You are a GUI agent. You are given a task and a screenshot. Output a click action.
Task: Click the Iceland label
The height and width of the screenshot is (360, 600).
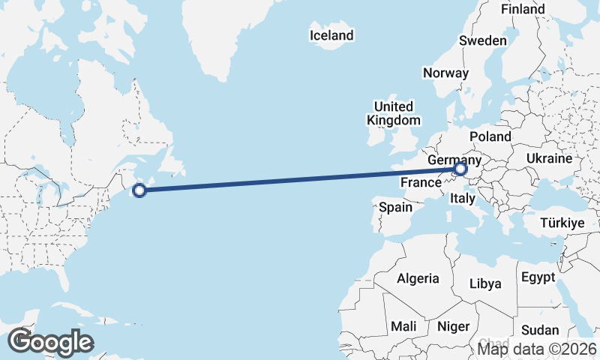tap(331, 35)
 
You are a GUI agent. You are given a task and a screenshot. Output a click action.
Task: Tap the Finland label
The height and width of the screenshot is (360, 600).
tap(523, 10)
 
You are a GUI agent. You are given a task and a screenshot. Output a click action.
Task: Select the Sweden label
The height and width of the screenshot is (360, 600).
tap(483, 40)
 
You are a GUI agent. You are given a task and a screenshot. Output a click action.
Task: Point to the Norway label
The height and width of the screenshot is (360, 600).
tap(445, 73)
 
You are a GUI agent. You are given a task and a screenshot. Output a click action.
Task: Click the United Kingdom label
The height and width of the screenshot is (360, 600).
tap(394, 113)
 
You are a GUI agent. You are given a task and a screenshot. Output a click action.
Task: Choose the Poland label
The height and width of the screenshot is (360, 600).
tap(490, 136)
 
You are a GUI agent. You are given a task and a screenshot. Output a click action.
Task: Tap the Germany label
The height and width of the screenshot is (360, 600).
tap(454, 160)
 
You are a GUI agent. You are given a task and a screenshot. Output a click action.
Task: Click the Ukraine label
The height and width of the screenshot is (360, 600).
tap(550, 159)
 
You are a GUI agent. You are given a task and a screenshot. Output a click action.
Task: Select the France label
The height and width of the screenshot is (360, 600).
tap(419, 183)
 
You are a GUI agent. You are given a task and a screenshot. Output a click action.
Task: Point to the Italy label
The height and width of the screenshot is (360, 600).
tap(462, 199)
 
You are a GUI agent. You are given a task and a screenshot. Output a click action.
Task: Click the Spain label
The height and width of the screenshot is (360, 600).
tap(396, 207)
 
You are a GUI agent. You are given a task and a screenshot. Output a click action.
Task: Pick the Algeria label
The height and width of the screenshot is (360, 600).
tap(418, 278)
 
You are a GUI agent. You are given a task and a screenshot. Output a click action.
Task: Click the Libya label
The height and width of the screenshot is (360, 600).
tap(484, 283)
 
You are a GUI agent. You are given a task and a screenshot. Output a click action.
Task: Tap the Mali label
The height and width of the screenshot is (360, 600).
tap(403, 326)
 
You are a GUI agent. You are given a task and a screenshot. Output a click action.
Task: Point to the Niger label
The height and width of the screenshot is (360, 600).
tap(453, 326)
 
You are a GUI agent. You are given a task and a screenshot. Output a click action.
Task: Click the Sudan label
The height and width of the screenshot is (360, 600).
tap(540, 330)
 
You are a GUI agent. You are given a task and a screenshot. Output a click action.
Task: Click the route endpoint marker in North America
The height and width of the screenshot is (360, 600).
tap(139, 190)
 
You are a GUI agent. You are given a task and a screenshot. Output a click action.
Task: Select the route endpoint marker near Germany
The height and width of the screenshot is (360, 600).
tap(460, 170)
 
